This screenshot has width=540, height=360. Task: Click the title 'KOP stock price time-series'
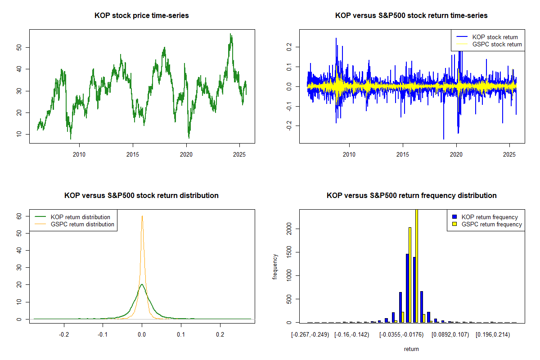pos(141,16)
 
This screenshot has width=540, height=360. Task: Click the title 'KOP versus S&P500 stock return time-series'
pos(411,16)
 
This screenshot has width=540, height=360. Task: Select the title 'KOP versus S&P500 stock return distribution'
pos(141,196)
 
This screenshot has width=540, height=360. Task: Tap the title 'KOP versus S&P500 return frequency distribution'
pos(411,196)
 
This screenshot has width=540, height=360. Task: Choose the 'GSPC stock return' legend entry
pos(497,44)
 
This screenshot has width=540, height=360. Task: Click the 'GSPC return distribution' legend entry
pos(82,224)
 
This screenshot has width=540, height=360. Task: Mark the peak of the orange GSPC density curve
pos(142,216)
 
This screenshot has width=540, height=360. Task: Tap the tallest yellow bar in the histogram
pos(417,265)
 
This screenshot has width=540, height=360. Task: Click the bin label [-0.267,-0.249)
pos(310,335)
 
